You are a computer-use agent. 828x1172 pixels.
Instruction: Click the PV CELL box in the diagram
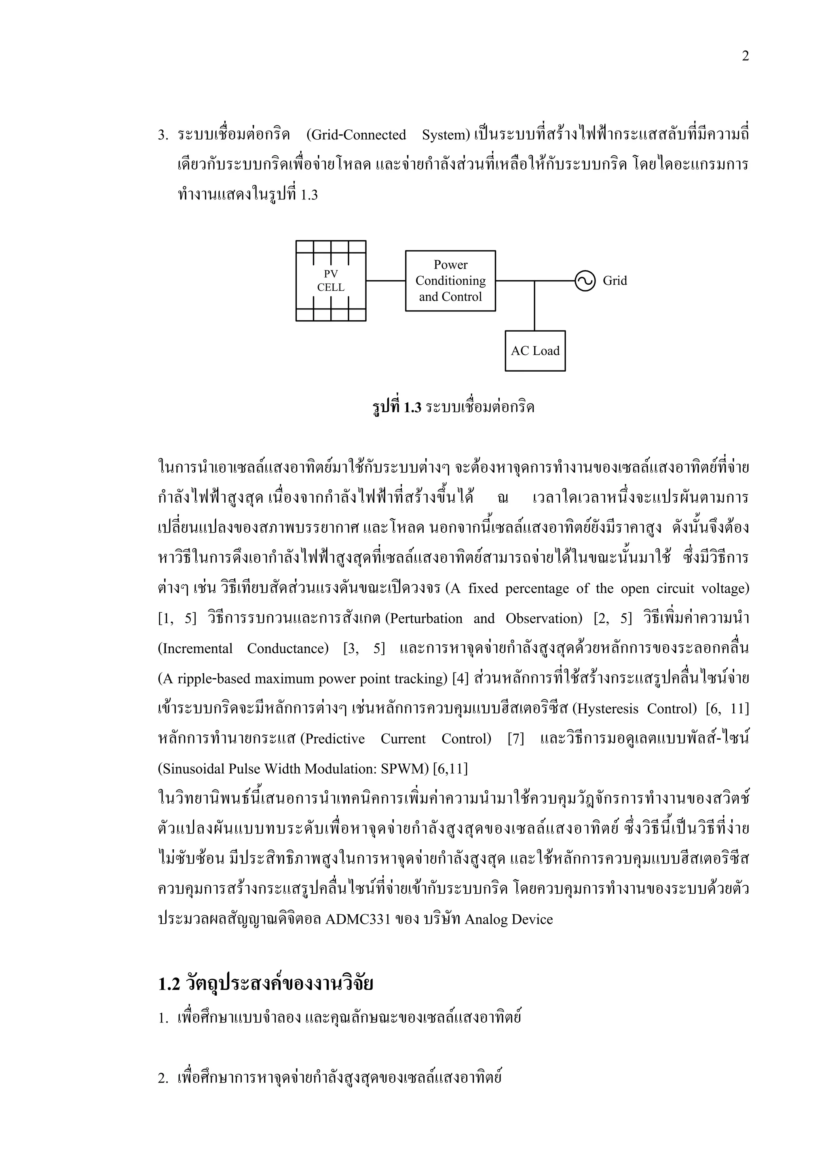(331, 281)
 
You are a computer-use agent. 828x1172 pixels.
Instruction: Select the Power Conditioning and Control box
(450, 281)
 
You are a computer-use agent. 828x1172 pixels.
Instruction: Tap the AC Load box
(535, 351)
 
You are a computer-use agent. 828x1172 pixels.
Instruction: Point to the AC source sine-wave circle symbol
(585, 281)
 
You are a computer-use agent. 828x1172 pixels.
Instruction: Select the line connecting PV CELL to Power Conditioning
(386, 281)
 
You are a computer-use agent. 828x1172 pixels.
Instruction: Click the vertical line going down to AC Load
(534, 306)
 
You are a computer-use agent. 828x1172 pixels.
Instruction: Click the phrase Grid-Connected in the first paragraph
(356, 135)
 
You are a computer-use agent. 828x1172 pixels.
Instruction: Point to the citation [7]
(515, 739)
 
